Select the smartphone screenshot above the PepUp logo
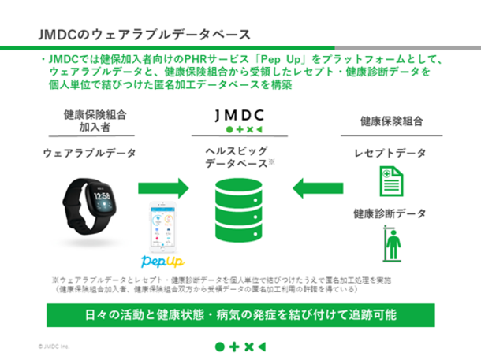pyautogui.click(x=166, y=225)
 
